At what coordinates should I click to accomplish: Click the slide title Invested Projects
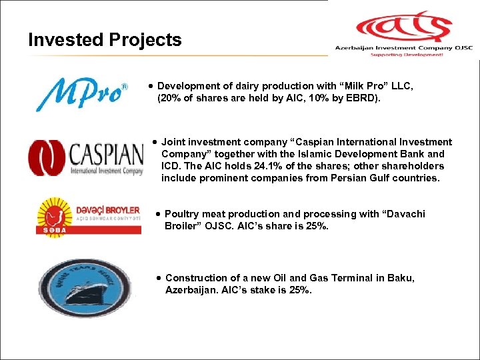click(105, 40)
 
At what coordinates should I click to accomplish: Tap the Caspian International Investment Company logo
click(85, 158)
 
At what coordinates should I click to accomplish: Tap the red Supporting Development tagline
click(407, 55)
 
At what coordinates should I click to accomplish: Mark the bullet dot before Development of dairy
click(153, 86)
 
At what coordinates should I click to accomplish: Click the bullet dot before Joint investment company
click(155, 142)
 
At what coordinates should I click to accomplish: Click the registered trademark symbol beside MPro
click(123, 87)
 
